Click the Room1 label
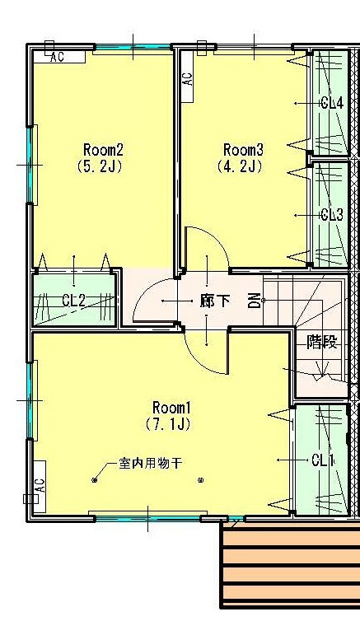pos(171,408)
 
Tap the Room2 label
pos(103,150)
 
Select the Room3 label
pos(243,150)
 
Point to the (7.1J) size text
pos(171,425)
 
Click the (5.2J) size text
pos(103,166)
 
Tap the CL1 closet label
pos(323,460)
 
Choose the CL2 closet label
pos(73,301)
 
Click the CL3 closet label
pos(331,215)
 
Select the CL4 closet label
pos(331,103)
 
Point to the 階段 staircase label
pos(322,343)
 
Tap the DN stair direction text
pos(255,301)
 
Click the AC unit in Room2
pos(58,57)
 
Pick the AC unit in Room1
pos(39,485)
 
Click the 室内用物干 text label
pos(149,465)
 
